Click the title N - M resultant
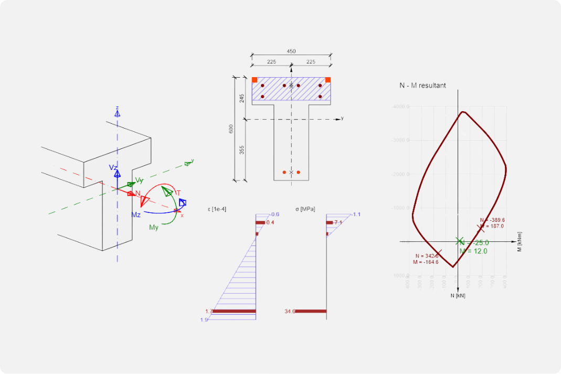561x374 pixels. (422, 86)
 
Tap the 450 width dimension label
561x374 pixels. (291, 51)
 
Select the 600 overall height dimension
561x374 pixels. (231, 129)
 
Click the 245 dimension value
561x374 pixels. (242, 98)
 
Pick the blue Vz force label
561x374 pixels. (113, 167)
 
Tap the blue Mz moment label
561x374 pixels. (135, 215)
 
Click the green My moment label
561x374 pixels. (154, 227)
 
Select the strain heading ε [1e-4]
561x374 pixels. (217, 209)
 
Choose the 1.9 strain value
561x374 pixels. (204, 319)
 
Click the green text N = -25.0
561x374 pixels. (474, 242)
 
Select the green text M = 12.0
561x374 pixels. (473, 251)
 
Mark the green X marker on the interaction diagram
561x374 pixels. (458, 241)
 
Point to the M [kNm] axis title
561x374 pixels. (520, 242)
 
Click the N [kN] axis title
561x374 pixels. (458, 296)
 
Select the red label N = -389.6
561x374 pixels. (492, 220)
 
